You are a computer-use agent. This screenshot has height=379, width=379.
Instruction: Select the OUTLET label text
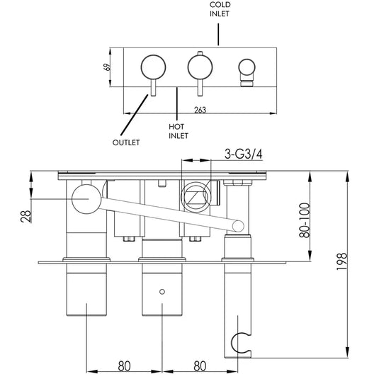[x=126, y=142]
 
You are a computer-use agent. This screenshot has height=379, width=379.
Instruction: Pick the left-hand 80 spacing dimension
[x=124, y=366]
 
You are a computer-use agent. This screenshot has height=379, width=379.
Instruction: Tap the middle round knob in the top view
[x=198, y=69]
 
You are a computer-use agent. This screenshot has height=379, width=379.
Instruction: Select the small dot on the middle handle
[x=163, y=290]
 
